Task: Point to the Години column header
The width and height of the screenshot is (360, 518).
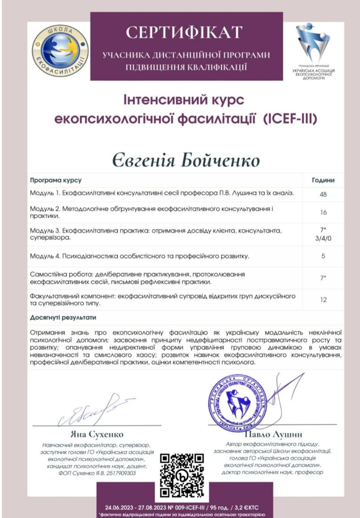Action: click(x=323, y=180)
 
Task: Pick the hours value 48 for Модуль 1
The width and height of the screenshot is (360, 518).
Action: click(x=323, y=195)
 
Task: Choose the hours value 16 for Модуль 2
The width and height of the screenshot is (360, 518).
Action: click(x=323, y=212)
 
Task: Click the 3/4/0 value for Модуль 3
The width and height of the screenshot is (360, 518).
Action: click(x=323, y=238)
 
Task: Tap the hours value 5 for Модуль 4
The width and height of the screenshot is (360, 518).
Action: click(x=323, y=256)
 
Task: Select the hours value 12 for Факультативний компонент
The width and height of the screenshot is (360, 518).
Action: click(x=323, y=300)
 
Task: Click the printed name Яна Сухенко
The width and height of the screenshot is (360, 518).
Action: click(x=97, y=435)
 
